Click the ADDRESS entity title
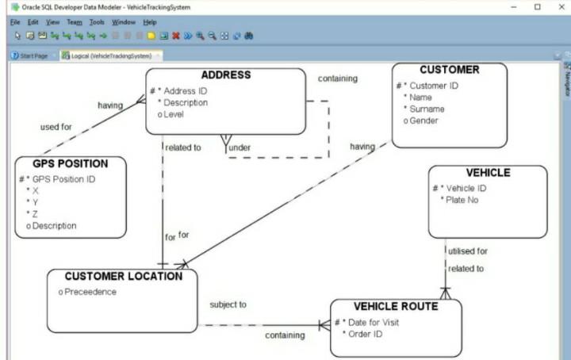(225, 75)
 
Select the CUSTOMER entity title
(449, 70)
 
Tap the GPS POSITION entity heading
(70, 163)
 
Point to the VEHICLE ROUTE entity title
(395, 306)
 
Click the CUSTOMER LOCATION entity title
(123, 276)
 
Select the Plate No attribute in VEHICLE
(463, 200)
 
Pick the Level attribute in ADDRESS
(174, 114)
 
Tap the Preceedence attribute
(90, 292)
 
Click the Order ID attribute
(366, 334)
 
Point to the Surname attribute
(427, 109)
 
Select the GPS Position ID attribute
(63, 179)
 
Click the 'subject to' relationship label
(228, 304)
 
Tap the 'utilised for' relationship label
(468, 251)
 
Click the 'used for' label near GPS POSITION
(56, 126)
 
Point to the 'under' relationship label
(239, 147)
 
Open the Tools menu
(97, 22)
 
